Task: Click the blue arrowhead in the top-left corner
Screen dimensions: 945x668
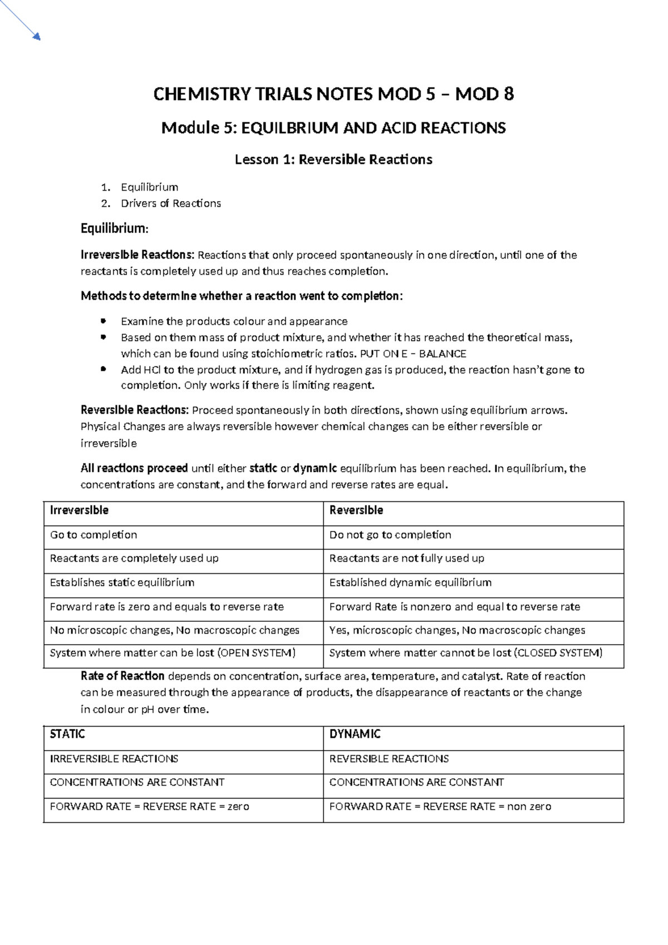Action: coord(37,37)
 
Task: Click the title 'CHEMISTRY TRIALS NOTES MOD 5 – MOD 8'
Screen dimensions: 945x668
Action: coord(333,95)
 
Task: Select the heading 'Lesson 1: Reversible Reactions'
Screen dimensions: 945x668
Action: coord(333,160)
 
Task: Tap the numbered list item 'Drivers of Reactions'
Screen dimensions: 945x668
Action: coord(171,203)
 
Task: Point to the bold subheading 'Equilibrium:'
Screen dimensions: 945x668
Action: coord(115,228)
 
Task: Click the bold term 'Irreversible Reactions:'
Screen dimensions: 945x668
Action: coord(137,255)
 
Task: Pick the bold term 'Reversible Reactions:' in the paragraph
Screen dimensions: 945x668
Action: coord(135,411)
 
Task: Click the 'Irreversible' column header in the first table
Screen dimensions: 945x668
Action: coord(79,510)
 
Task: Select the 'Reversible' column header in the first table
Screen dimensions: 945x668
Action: coord(356,510)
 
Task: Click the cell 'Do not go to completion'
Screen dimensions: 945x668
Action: coord(390,535)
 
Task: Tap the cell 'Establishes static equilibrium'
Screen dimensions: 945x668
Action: coord(122,583)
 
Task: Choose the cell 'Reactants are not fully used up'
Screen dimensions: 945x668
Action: coord(407,558)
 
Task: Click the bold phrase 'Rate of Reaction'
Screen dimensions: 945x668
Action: coord(122,676)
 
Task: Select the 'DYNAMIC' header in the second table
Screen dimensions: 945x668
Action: coord(355,734)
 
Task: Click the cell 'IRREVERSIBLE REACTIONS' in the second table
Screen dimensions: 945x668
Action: coord(114,759)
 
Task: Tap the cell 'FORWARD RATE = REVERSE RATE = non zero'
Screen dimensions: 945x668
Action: coord(440,806)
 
